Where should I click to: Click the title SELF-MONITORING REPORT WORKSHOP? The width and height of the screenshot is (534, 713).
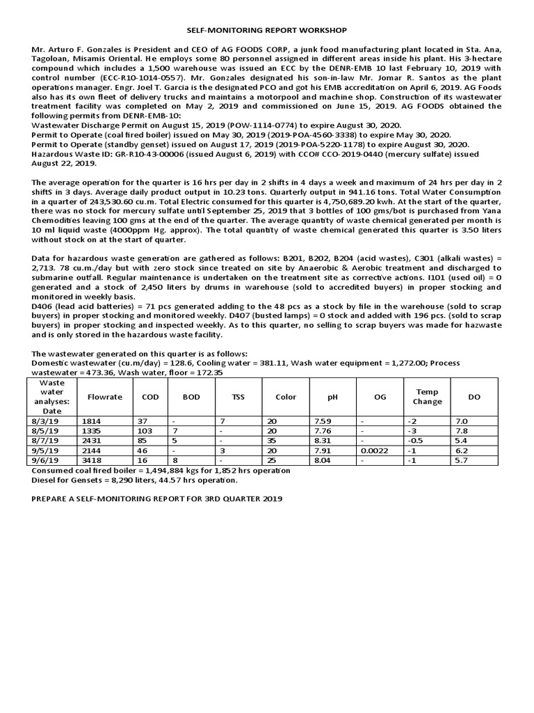[267, 31]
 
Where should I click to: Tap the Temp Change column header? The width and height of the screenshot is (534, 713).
[426, 397]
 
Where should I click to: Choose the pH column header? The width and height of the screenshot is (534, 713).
[332, 397]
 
